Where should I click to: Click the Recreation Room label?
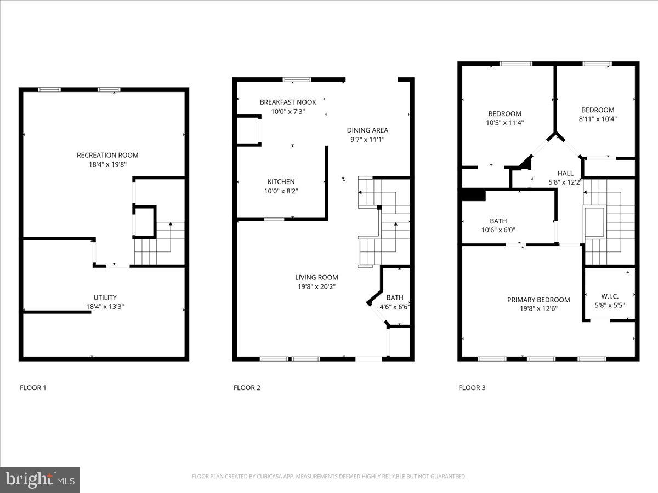[x=107, y=155]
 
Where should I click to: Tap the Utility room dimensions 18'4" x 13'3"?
[x=104, y=307]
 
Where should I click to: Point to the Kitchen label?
[x=281, y=181]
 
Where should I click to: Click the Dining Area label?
[x=367, y=130]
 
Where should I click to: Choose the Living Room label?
[x=316, y=277]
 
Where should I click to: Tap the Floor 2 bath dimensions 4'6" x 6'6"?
[x=394, y=307]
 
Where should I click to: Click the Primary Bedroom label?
[x=538, y=300]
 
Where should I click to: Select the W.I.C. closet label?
[x=610, y=296]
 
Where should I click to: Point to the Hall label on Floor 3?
[x=565, y=173]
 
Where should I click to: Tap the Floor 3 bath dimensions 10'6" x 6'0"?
[x=498, y=230]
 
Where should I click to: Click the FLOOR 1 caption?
[x=33, y=388]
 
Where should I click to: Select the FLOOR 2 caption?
[x=247, y=388]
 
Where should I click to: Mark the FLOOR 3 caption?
[x=472, y=388]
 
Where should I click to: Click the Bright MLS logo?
[x=40, y=480]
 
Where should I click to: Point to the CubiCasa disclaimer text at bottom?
[x=329, y=477]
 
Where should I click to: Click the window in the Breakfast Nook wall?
[x=297, y=79]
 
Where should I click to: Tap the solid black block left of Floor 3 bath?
[x=474, y=195]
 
